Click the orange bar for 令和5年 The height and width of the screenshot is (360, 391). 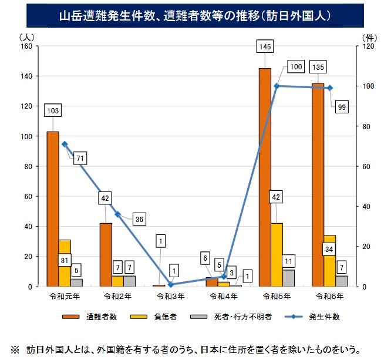(265, 176)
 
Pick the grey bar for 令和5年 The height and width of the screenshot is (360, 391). (288, 278)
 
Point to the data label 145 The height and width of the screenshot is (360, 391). (264, 45)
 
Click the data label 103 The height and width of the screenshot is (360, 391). (53, 110)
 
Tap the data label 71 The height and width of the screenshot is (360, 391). (80, 159)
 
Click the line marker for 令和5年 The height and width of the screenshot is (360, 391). (277, 86)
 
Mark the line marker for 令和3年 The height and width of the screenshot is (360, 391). (170, 284)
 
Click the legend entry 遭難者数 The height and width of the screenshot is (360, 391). (88, 317)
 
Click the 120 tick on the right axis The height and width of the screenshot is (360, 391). (369, 46)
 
